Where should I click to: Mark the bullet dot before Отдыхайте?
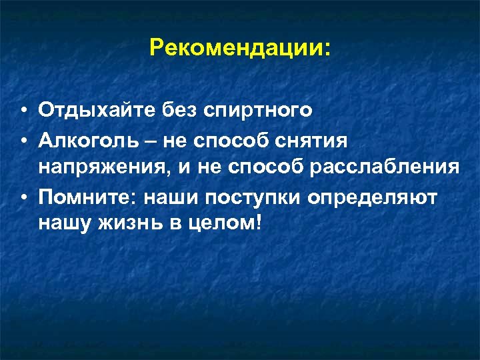click(x=23, y=111)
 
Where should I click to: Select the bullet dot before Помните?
click(x=23, y=197)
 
